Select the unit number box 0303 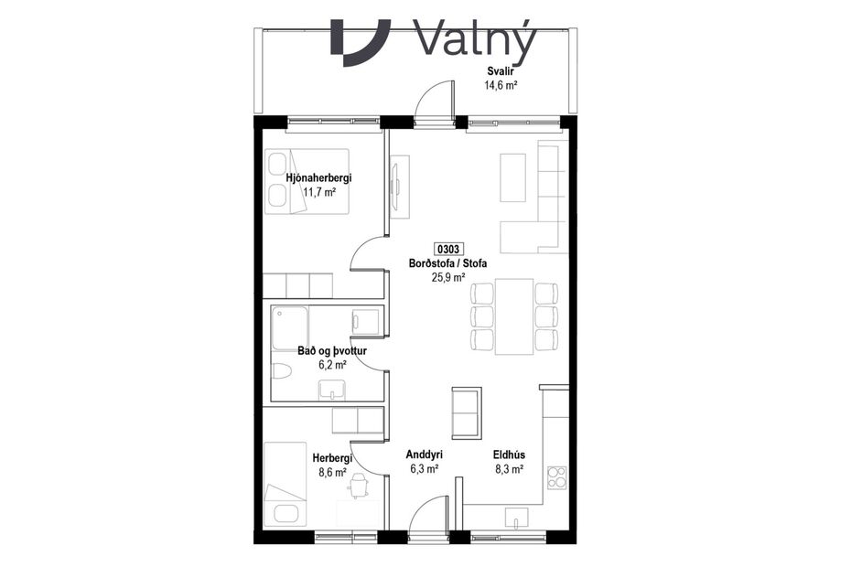pos(448,249)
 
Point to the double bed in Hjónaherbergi pos(307,181)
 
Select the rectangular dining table pos(513,317)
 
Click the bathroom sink pos(332,390)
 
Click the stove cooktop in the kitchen pos(556,476)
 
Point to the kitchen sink pos(517,523)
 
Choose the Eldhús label pos(508,454)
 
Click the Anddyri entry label pos(425,454)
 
